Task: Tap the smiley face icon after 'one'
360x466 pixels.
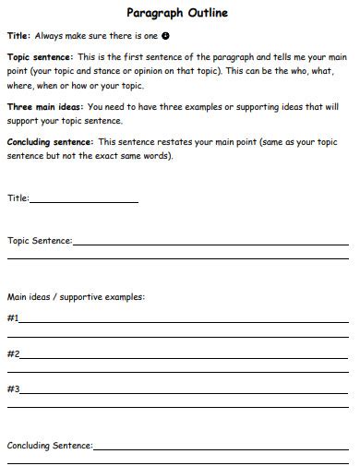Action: point(165,36)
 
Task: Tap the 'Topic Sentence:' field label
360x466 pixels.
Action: point(40,241)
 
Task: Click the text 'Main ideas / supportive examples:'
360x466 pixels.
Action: point(76,297)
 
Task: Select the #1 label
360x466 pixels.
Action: point(13,318)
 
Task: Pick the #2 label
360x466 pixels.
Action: point(13,353)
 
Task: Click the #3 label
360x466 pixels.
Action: point(13,388)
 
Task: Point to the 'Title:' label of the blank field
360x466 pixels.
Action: point(18,197)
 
